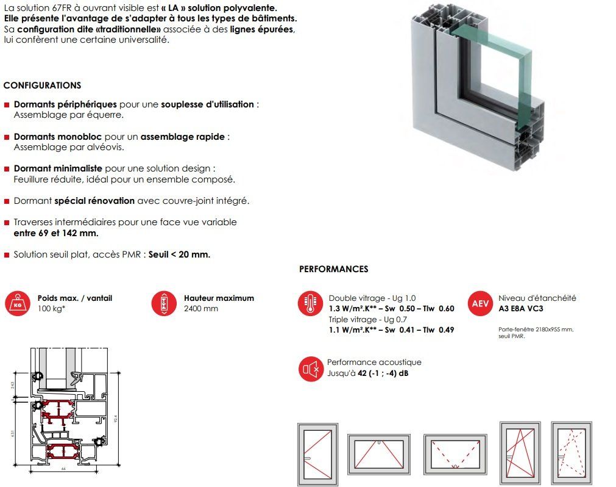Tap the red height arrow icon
[x=163, y=303]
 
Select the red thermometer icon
[x=310, y=303]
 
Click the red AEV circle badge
[x=480, y=303]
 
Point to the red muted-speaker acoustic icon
[x=310, y=368]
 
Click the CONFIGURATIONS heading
[x=42, y=85]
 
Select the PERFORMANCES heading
[x=333, y=269]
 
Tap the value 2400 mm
[x=200, y=309]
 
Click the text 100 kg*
[x=51, y=309]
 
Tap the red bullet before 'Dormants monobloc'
[x=7, y=137]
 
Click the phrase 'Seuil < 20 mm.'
[x=179, y=254]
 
